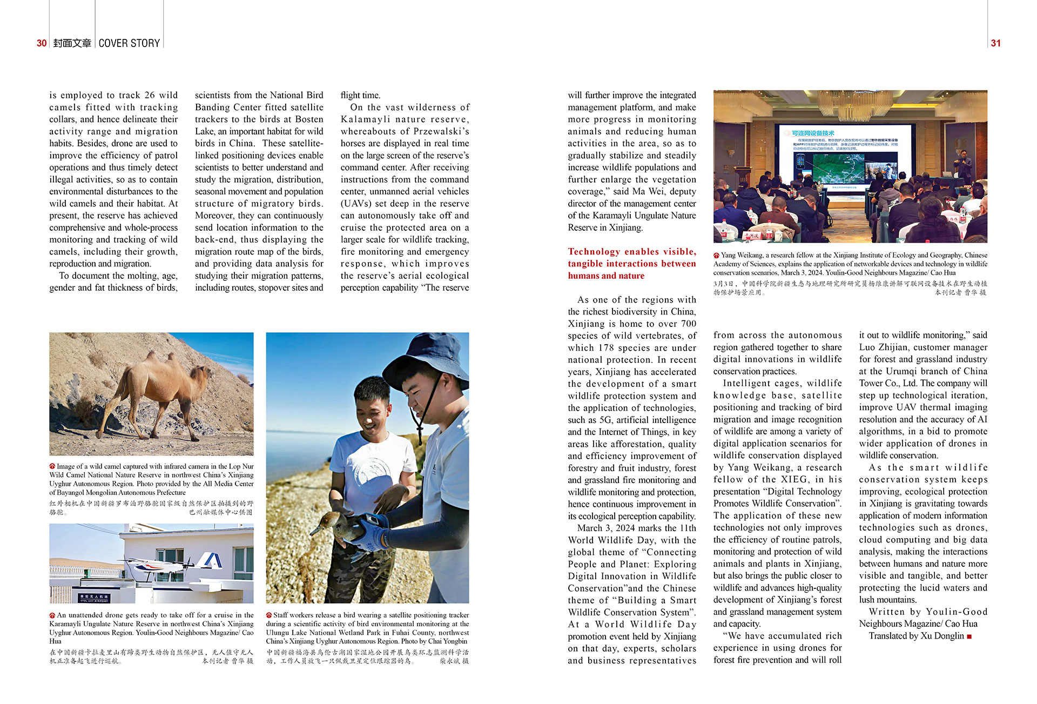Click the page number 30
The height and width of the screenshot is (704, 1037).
42,43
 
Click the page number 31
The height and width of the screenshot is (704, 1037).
995,43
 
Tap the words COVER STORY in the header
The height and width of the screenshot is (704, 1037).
130,43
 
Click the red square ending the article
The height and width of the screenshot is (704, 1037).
969,636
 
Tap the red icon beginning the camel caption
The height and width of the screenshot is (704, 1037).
52,466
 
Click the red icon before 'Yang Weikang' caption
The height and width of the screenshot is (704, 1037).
716,256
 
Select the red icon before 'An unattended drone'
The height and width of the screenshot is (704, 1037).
52,615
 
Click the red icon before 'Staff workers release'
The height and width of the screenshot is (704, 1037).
269,615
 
